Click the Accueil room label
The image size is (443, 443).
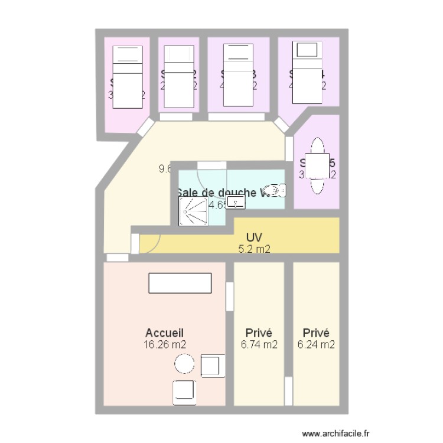(168, 333)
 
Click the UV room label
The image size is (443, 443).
(254, 238)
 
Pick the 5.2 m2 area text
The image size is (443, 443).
(254, 249)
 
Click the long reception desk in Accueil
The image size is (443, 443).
(180, 283)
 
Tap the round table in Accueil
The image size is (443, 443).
(184, 364)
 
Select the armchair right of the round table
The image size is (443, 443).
(211, 365)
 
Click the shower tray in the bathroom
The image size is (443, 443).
(193, 211)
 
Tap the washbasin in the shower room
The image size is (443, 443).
(236, 203)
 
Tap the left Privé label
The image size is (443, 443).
(259, 333)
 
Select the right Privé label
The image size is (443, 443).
(316, 333)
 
